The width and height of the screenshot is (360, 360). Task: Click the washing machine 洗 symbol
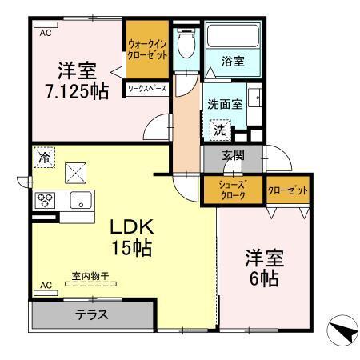(218, 128)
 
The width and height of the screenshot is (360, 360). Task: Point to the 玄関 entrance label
(233, 156)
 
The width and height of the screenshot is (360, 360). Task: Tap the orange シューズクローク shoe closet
(232, 190)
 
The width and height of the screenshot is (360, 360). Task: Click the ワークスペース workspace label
(146, 88)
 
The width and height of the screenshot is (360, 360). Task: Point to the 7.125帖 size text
(78, 92)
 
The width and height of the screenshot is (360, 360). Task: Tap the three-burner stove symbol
(44, 200)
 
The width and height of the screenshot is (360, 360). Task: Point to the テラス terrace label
(92, 314)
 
